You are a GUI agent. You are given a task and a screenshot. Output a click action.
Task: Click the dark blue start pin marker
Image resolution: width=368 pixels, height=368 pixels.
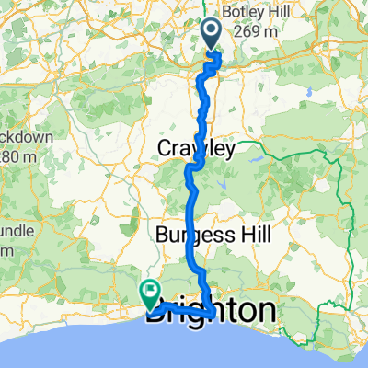(x=211, y=35)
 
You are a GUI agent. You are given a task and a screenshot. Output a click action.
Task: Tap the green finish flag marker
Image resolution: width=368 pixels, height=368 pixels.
(x=149, y=293)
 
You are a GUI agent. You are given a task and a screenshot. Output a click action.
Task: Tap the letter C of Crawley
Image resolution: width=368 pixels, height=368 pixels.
(x=166, y=148)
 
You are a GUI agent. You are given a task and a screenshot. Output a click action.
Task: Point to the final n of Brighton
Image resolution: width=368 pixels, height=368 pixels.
(x=265, y=311)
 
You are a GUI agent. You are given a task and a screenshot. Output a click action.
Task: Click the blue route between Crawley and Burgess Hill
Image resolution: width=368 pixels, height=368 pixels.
(x=195, y=198)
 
